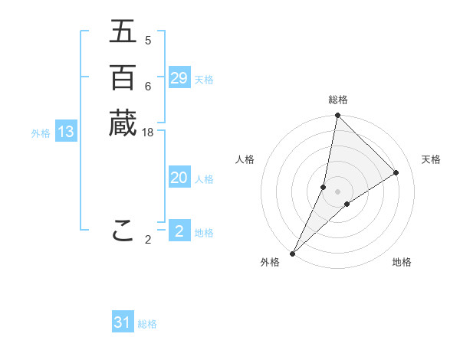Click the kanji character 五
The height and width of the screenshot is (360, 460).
pyautogui.click(x=123, y=32)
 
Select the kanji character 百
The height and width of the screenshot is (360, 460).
pyautogui.click(x=123, y=77)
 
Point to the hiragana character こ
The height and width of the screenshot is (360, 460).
pyautogui.click(x=123, y=231)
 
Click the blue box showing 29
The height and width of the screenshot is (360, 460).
pyautogui.click(x=179, y=78)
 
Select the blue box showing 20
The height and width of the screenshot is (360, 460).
pyautogui.click(x=179, y=178)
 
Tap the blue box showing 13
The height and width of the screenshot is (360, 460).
pyautogui.click(x=66, y=132)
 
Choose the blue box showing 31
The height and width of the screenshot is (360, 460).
pyautogui.click(x=123, y=322)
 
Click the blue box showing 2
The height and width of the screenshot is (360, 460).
pyautogui.click(x=179, y=231)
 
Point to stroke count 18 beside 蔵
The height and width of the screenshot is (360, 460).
pyautogui.click(x=148, y=133)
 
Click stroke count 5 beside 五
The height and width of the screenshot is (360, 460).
pyautogui.click(x=148, y=41)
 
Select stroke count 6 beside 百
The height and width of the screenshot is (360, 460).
pyautogui.click(x=148, y=87)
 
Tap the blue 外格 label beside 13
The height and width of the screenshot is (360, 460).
pyautogui.click(x=41, y=133)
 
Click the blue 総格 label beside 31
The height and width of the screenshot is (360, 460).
pyautogui.click(x=147, y=324)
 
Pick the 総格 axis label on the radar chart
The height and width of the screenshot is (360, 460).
pyautogui.click(x=338, y=100)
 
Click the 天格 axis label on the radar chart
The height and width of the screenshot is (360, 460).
pyautogui.click(x=431, y=159)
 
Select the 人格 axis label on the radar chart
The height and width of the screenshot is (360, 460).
pyautogui.click(x=245, y=159)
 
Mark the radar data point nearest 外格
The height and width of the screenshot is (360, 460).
pyautogui.click(x=292, y=254)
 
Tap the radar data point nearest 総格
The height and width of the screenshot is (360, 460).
pyautogui.click(x=337, y=116)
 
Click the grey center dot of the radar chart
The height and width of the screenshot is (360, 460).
pyautogui.click(x=337, y=191)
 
